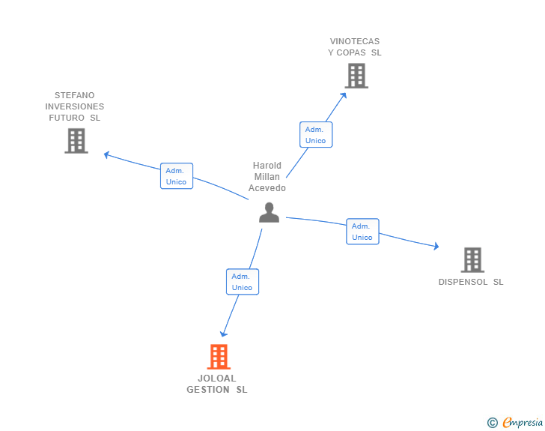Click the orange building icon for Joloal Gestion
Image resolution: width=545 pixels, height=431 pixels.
coord(218,357)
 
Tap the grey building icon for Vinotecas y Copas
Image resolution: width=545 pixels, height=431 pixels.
coord(356,76)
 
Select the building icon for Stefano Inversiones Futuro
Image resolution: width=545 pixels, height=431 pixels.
coord(76,141)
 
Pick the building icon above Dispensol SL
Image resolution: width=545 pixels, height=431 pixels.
coord(472,260)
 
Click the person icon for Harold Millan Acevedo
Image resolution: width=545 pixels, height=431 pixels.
coord(269,213)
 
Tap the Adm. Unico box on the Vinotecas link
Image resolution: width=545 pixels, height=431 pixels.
coord(315,135)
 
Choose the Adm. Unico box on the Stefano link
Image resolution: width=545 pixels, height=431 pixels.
coord(177,176)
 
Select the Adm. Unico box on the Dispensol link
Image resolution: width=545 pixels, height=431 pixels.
coord(362,232)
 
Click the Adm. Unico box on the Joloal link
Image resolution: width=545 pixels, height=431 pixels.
coord(242,282)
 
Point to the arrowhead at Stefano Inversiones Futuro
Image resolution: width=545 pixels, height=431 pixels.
coord(107,155)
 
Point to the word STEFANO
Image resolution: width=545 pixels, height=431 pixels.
coord(75,95)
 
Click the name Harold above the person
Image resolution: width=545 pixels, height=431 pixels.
coord(267,166)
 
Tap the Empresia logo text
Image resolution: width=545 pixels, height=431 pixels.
coord(523,423)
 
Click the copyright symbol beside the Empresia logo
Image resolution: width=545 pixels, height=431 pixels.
coord(492,423)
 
